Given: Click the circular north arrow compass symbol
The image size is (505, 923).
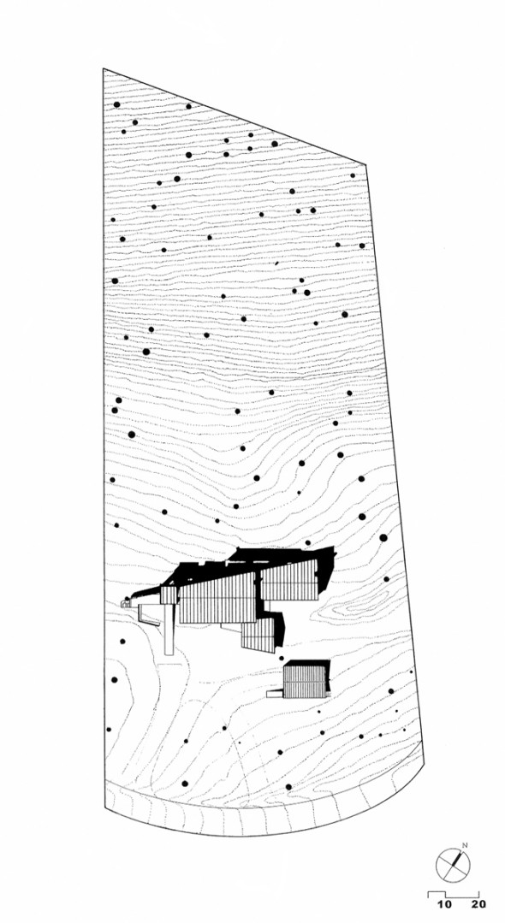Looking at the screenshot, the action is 453,866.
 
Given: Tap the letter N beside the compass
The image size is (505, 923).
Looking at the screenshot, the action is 465,846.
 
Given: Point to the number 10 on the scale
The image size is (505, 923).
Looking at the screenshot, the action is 445,904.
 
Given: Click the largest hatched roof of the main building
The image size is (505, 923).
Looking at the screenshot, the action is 217,600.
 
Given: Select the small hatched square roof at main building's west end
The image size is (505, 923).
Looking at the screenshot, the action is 169,595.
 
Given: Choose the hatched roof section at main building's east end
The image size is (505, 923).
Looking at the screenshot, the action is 289,581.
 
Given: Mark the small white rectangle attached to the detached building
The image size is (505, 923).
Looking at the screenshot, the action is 275,694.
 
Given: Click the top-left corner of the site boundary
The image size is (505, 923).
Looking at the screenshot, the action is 104,69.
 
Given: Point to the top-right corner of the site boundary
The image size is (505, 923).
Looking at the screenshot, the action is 366,165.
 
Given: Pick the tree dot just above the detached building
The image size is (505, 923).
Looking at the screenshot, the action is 281,658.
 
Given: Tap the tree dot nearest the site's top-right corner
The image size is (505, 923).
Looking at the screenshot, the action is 353,175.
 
